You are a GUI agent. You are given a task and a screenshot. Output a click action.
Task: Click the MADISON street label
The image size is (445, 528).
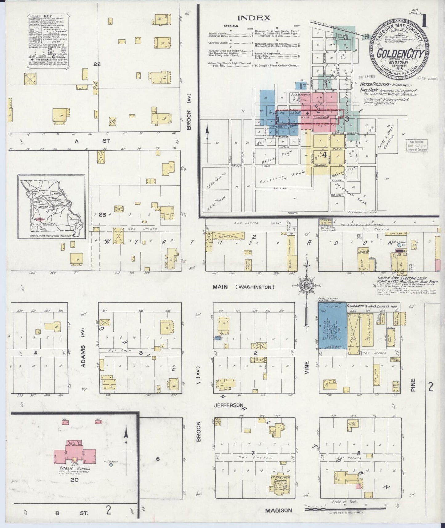(x=278, y=510)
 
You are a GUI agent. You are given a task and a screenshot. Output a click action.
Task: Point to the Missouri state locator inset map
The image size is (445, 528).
(x=51, y=207)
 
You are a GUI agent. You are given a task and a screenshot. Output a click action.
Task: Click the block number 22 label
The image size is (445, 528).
(x=97, y=64)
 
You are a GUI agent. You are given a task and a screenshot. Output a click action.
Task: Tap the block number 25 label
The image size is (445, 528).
(x=102, y=215)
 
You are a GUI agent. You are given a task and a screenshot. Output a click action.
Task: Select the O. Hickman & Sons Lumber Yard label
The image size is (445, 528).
(x=373, y=306)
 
